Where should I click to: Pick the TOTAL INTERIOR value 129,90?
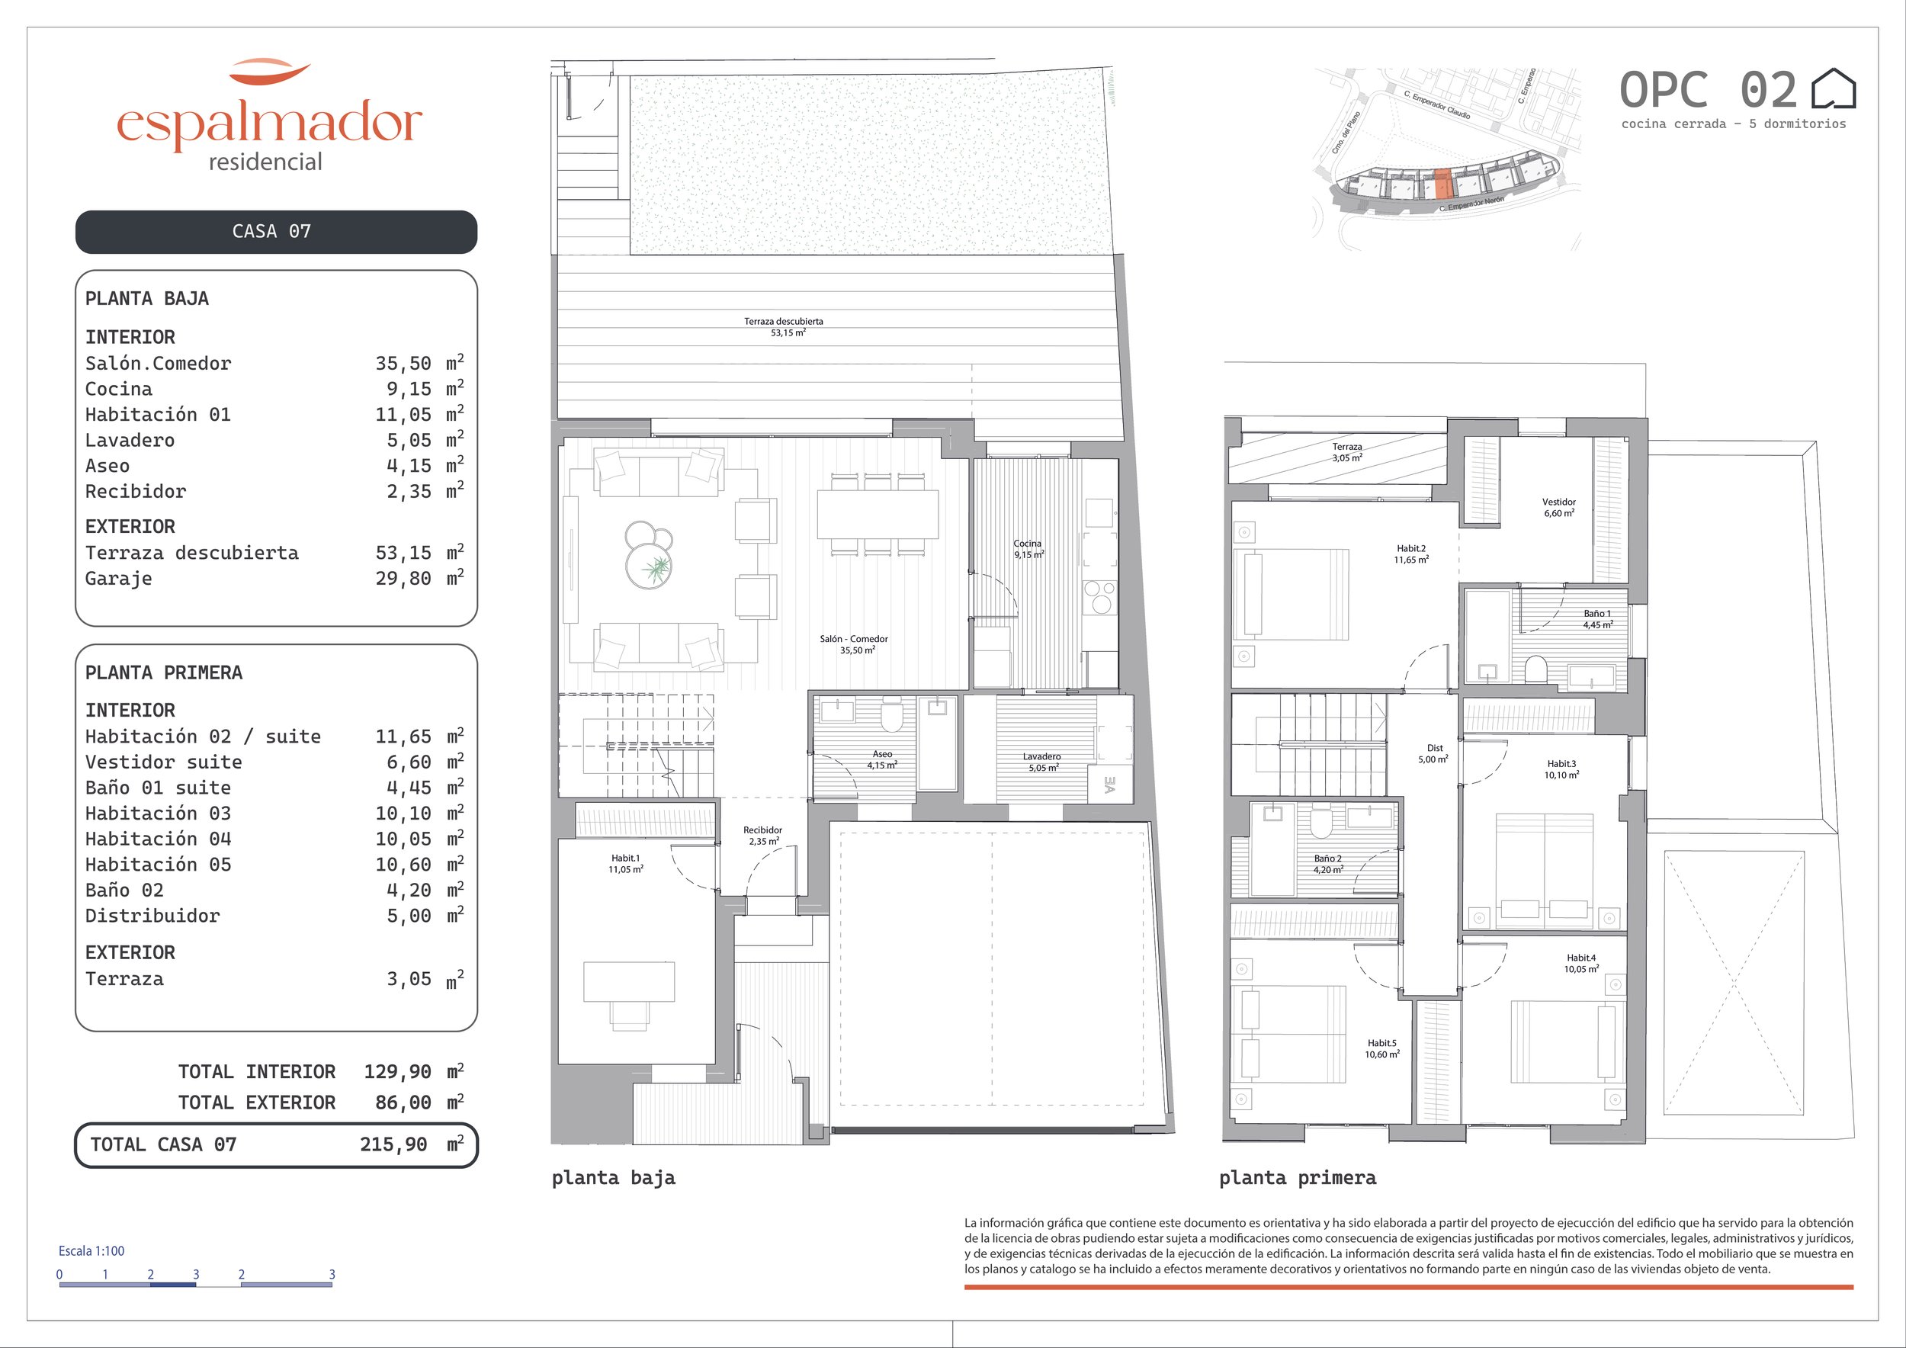click(398, 1071)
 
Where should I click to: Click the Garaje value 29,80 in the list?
click(403, 579)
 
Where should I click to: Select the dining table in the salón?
click(878, 515)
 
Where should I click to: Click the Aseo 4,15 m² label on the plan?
click(881, 759)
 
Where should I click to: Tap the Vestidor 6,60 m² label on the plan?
click(1558, 507)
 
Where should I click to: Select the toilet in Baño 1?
click(1535, 668)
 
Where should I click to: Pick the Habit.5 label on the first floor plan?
click(1382, 1043)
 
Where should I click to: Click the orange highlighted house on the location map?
click(1442, 184)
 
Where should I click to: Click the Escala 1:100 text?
click(91, 1251)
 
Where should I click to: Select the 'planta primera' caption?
click(1298, 1178)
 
